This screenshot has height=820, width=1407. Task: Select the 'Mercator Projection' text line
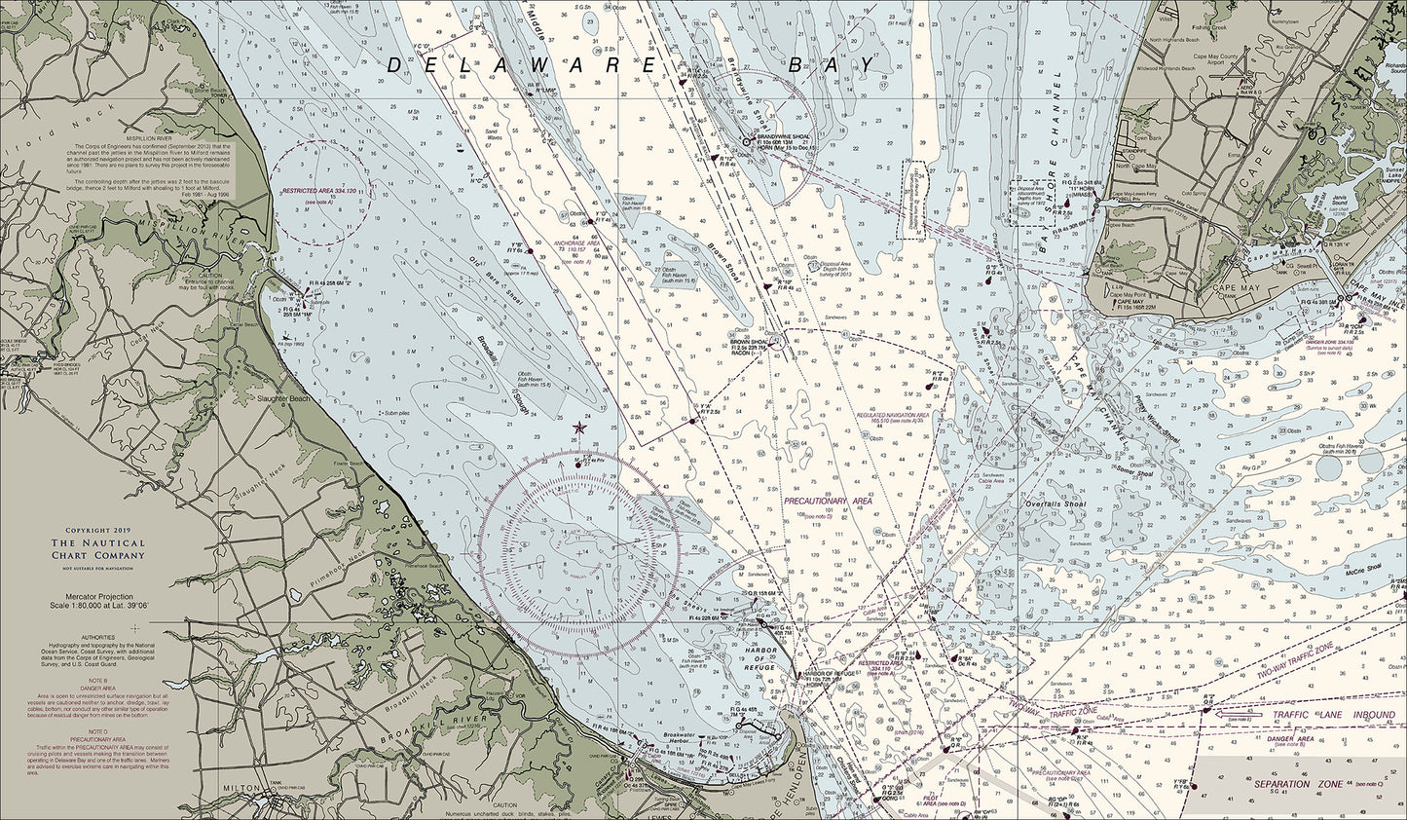point(96,594)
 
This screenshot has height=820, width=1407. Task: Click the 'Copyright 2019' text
point(97,532)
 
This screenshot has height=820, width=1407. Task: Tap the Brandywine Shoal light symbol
point(746,141)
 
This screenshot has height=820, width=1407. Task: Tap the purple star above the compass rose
point(580,428)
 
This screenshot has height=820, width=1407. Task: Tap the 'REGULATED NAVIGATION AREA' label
point(892,415)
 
